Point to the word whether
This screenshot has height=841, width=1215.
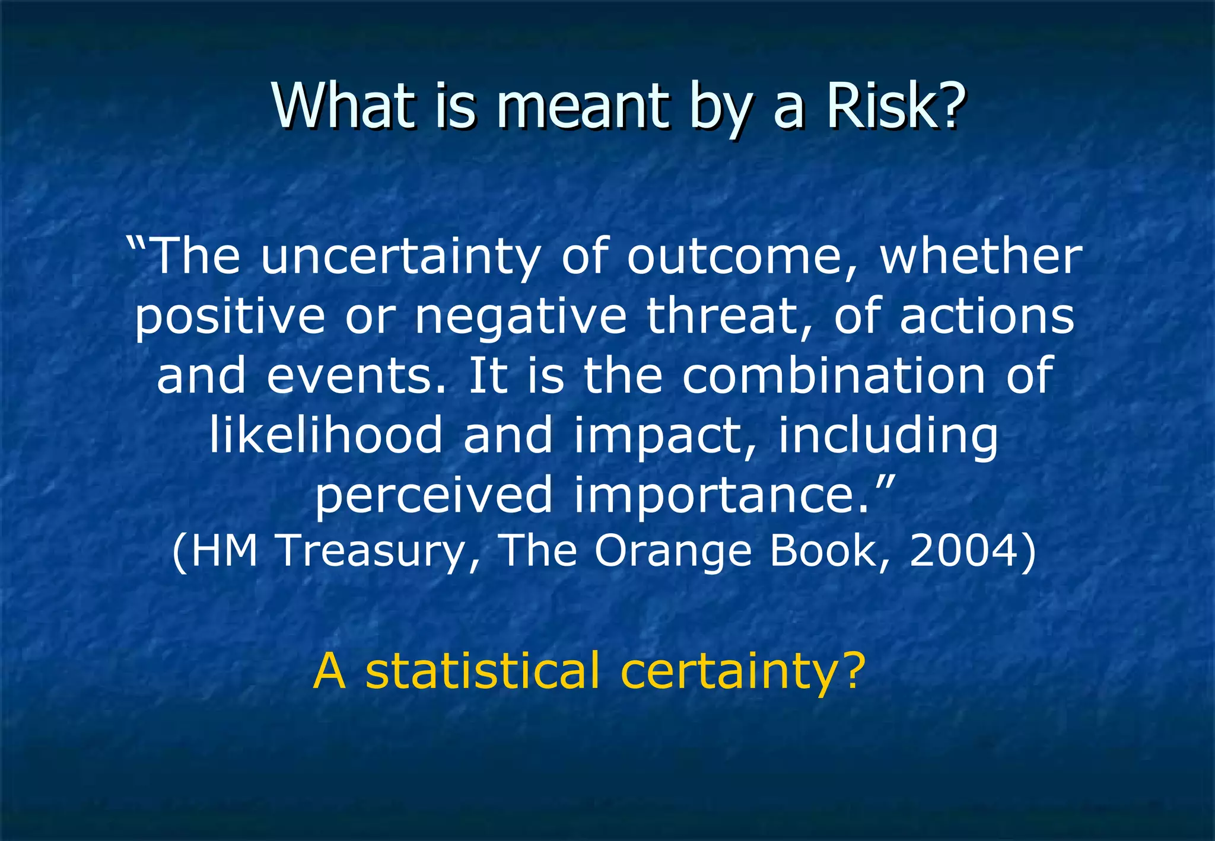pos(981,257)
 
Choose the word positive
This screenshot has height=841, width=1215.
pos(230,317)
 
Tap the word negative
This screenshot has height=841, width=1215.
pos(520,317)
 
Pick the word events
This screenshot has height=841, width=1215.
pos(355,376)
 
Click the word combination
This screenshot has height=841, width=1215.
pos(833,376)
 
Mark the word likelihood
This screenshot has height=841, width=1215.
pos(326,435)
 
